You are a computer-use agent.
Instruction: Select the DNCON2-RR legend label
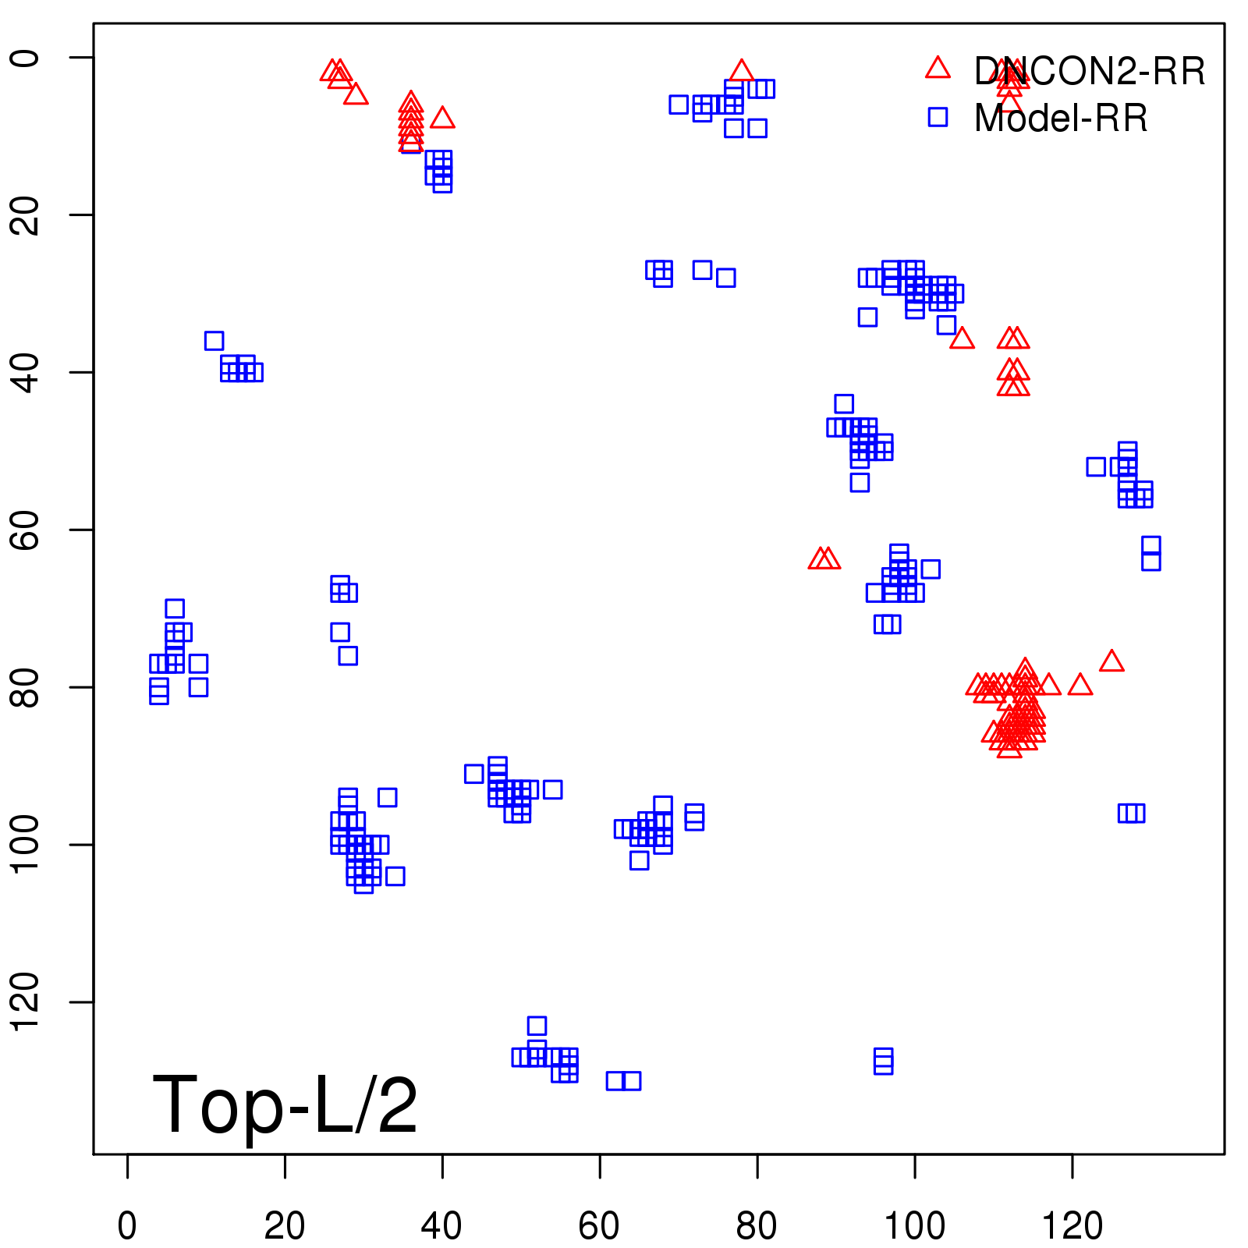[1089, 72]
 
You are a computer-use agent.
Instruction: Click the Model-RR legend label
[1061, 119]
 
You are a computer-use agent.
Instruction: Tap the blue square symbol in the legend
[938, 117]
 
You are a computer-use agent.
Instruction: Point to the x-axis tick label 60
[599, 1226]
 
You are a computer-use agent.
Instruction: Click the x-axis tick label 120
[1072, 1226]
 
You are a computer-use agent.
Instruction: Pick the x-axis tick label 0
[127, 1226]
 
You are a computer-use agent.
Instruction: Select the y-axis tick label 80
[25, 686]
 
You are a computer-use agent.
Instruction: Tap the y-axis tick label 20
[25, 214]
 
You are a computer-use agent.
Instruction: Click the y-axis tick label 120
[25, 1002]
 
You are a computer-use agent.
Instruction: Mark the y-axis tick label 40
[25, 372]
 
